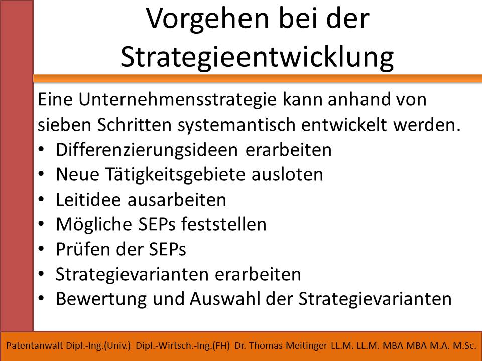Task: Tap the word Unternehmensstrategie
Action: pos(177,100)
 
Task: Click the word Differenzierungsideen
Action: pos(147,150)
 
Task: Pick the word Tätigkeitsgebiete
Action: pos(176,175)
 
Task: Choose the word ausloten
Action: pos(287,174)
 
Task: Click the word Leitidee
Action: pos(88,200)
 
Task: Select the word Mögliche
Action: pos(95,225)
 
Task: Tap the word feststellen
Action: pos(223,224)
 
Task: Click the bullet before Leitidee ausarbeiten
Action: pos(41,199)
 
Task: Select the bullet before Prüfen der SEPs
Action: pos(41,249)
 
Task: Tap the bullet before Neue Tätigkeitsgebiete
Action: pos(41,174)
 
